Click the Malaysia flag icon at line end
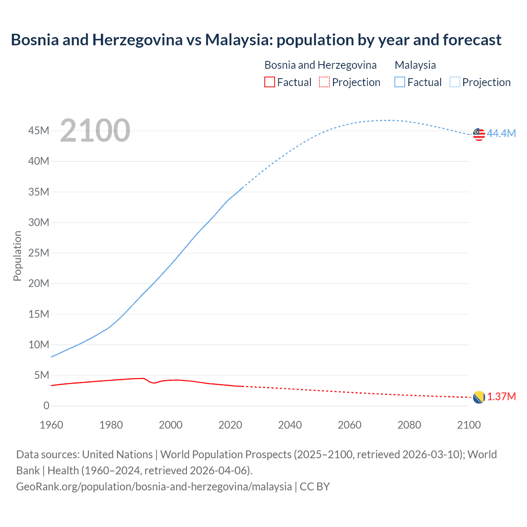point(479,134)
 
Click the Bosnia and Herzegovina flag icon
point(479,397)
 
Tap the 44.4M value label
point(501,133)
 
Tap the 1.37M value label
point(501,396)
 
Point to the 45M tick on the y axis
point(39,131)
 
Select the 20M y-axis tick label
point(39,283)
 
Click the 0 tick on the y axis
point(46,406)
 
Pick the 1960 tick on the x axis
point(51,425)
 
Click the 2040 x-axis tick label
point(290,425)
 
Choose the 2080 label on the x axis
point(409,425)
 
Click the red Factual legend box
point(270,82)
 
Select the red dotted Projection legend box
point(324,82)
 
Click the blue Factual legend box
point(400,82)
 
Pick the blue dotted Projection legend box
point(455,82)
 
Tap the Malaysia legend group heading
point(415,65)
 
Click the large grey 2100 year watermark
point(95,131)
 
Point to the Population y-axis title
point(17,256)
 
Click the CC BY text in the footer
point(315,486)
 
